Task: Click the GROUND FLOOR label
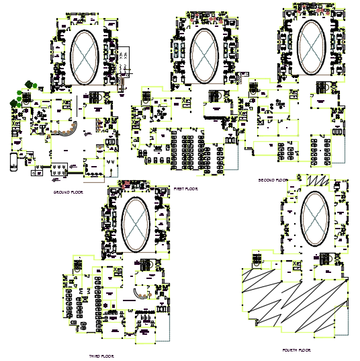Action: pyautogui.click(x=67, y=192)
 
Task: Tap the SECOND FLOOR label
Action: pyautogui.click(x=272, y=180)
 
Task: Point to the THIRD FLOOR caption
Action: pyautogui.click(x=101, y=355)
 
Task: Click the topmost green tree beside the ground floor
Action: pyautogui.click(x=29, y=85)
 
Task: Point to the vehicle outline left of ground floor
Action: pyautogui.click(x=14, y=161)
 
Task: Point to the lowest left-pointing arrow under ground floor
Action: pyautogui.click(x=54, y=179)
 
